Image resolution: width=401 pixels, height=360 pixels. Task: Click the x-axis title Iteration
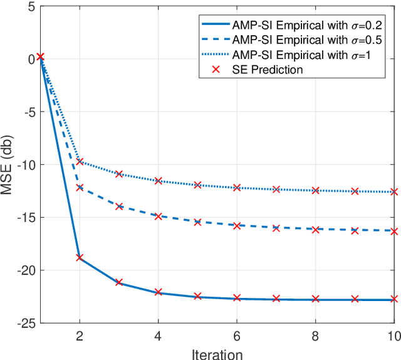[217, 353]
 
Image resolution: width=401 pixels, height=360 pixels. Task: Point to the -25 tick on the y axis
[25, 323]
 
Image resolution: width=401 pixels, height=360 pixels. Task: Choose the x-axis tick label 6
[237, 336]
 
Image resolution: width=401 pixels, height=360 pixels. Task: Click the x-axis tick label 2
[80, 336]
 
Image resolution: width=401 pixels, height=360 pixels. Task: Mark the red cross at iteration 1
[40, 56]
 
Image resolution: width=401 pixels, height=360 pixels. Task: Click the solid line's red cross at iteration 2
[80, 257]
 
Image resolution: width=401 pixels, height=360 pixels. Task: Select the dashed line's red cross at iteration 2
[80, 188]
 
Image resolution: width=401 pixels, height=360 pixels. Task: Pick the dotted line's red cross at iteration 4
[158, 181]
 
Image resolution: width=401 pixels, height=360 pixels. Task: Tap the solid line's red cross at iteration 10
[394, 300]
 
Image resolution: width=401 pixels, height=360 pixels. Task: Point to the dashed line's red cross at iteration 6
[237, 225]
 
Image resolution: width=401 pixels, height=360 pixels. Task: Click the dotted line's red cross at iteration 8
[315, 190]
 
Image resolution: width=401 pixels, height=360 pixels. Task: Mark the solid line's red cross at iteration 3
[119, 283]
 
